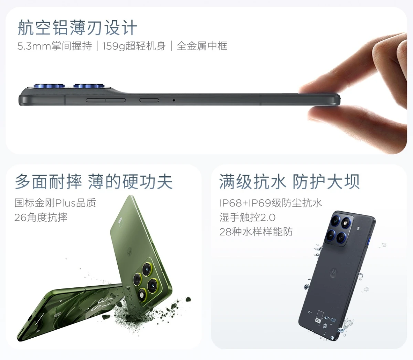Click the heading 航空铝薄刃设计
77,28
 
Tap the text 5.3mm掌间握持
54,46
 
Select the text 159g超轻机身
134,46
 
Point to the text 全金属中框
202,46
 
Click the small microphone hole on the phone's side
173,100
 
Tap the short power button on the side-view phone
149,100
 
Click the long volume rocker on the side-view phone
106,100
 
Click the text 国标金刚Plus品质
55,203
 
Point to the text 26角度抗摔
41,217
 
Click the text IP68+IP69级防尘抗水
271,203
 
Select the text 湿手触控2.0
247,217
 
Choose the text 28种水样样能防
256,232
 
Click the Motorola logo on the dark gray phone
333,273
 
